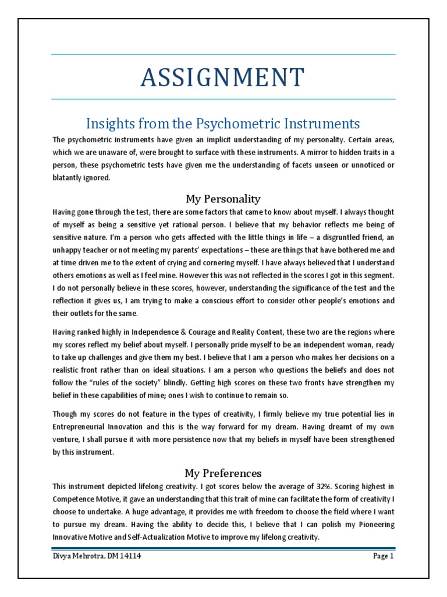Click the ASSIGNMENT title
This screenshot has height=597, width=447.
click(x=223, y=78)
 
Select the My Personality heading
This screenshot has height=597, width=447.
click(x=223, y=198)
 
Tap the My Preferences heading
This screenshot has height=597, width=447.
click(x=223, y=473)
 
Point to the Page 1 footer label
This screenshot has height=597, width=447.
click(x=384, y=556)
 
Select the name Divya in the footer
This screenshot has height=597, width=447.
click(x=63, y=556)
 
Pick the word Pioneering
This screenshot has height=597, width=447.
click(x=374, y=524)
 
